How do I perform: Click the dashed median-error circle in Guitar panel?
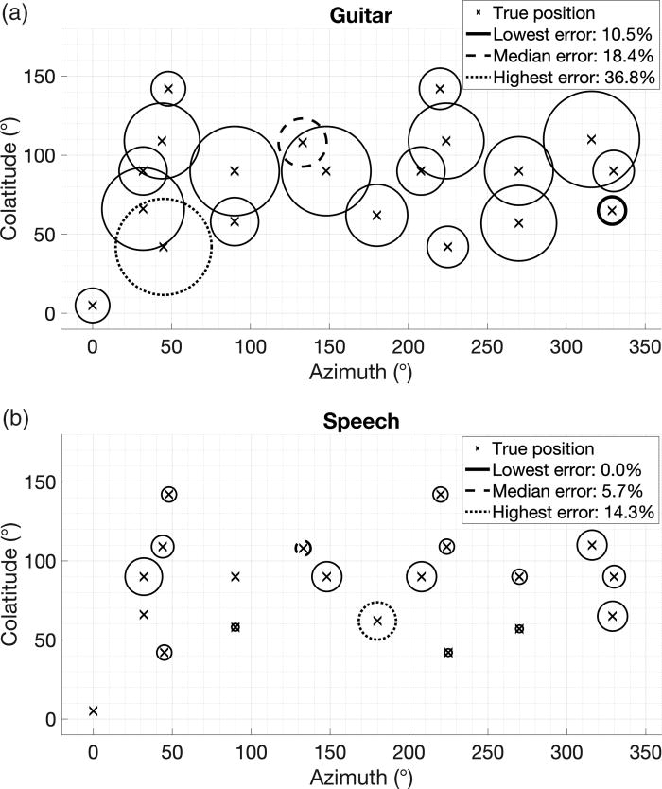[303, 142]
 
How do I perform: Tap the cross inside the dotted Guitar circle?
[164, 247]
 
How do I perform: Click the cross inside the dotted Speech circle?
[377, 622]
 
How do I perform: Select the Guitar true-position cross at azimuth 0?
[93, 305]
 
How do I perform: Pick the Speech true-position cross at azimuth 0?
[93, 710]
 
